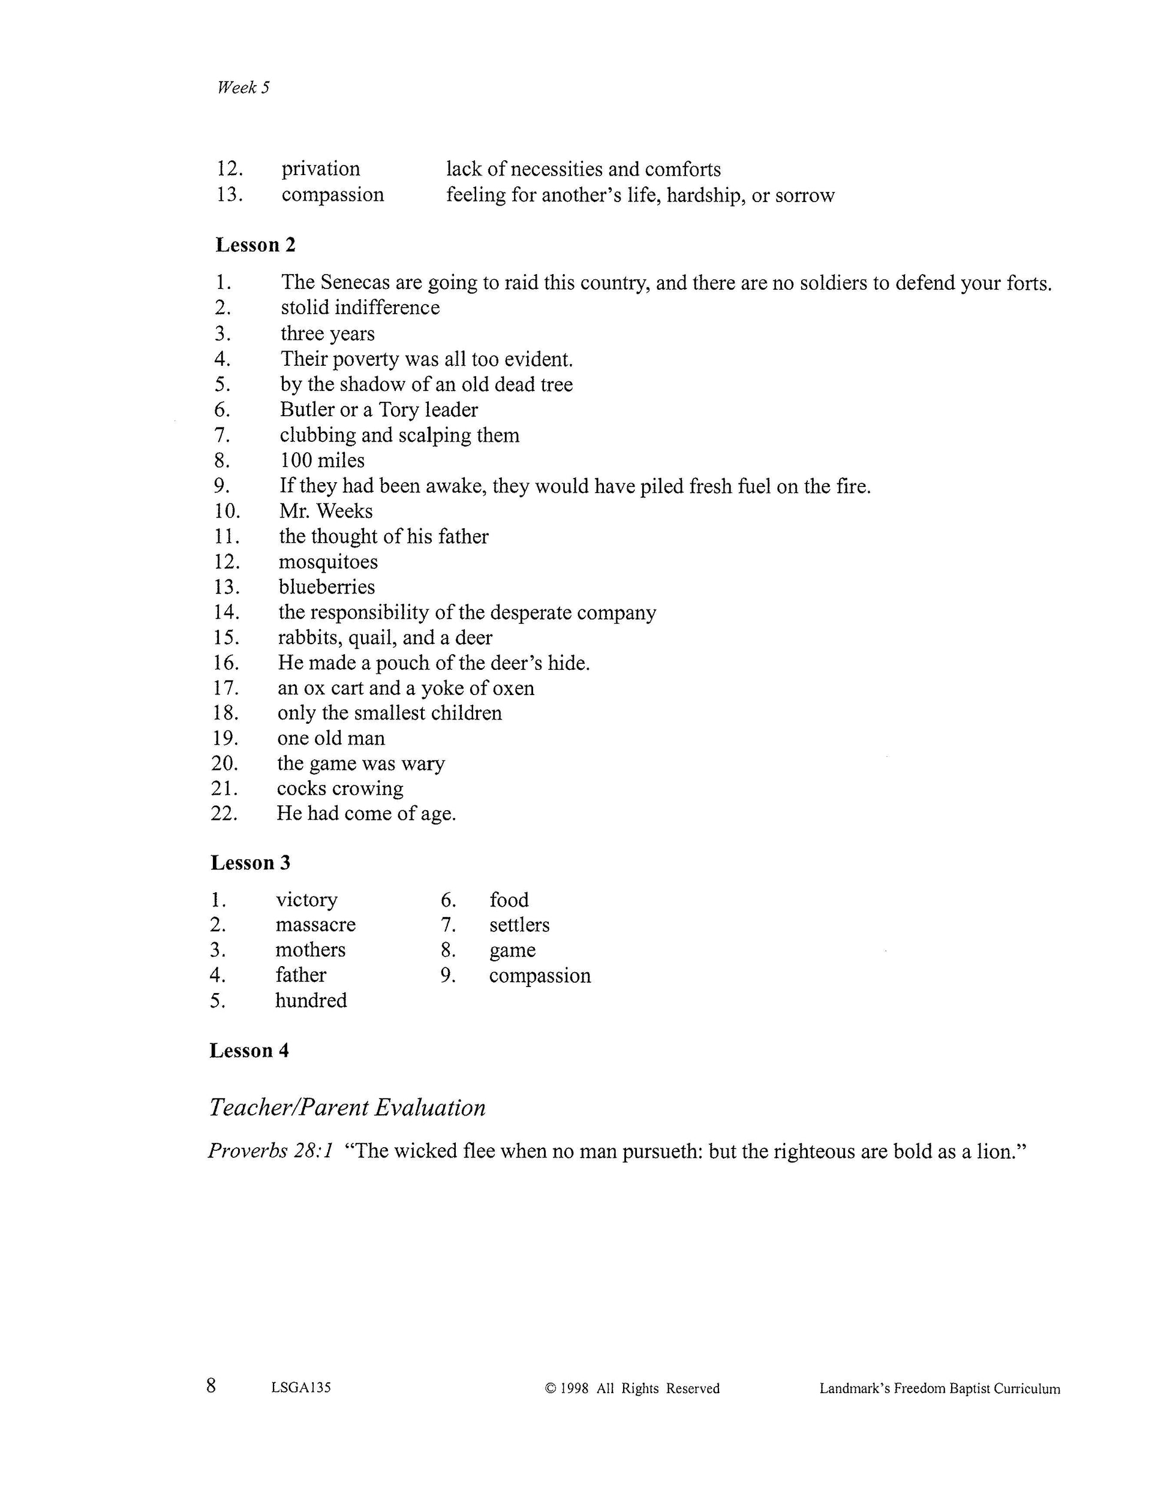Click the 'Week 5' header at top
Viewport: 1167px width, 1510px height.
click(243, 87)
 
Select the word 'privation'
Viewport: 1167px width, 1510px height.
click(320, 169)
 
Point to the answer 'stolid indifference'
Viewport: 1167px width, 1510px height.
click(359, 308)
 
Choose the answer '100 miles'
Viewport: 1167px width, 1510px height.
click(322, 461)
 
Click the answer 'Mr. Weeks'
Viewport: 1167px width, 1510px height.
click(326, 512)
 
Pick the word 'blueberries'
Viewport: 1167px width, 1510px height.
click(326, 587)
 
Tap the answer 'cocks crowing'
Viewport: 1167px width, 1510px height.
click(339, 789)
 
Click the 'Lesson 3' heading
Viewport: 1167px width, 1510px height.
click(250, 863)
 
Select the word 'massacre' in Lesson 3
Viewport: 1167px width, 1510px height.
click(315, 925)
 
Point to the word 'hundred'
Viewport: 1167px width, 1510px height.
click(311, 1000)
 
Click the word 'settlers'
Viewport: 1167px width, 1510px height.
click(519, 925)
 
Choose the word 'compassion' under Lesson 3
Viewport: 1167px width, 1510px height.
click(540, 976)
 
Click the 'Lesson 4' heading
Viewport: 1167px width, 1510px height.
click(249, 1051)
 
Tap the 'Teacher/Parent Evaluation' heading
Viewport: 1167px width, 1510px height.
click(347, 1108)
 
